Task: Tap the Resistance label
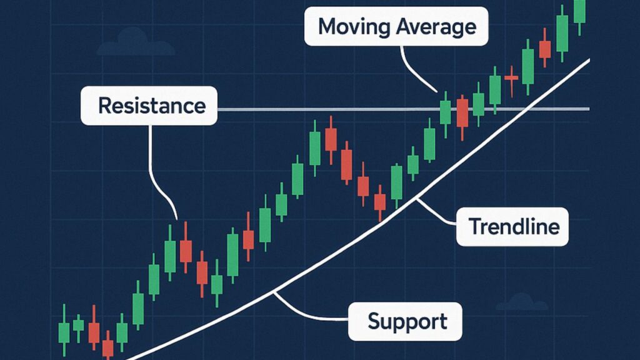tap(151, 106)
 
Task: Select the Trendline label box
tap(513, 226)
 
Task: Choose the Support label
tap(407, 322)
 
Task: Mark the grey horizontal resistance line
tap(312, 109)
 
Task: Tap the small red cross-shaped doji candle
tap(511, 77)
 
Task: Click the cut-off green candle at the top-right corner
tap(579, 11)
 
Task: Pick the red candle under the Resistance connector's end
tap(186, 251)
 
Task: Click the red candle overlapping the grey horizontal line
tap(462, 113)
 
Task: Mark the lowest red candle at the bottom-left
tap(108, 347)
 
